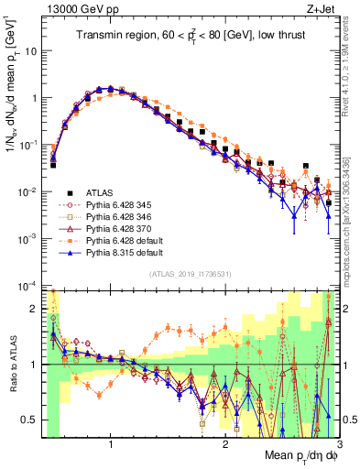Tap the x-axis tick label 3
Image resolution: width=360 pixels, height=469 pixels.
click(x=338, y=443)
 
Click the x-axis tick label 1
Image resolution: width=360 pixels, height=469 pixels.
click(x=111, y=443)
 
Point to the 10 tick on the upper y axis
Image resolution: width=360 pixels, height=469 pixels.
click(x=33, y=51)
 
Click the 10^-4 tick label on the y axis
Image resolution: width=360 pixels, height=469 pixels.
click(x=29, y=285)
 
